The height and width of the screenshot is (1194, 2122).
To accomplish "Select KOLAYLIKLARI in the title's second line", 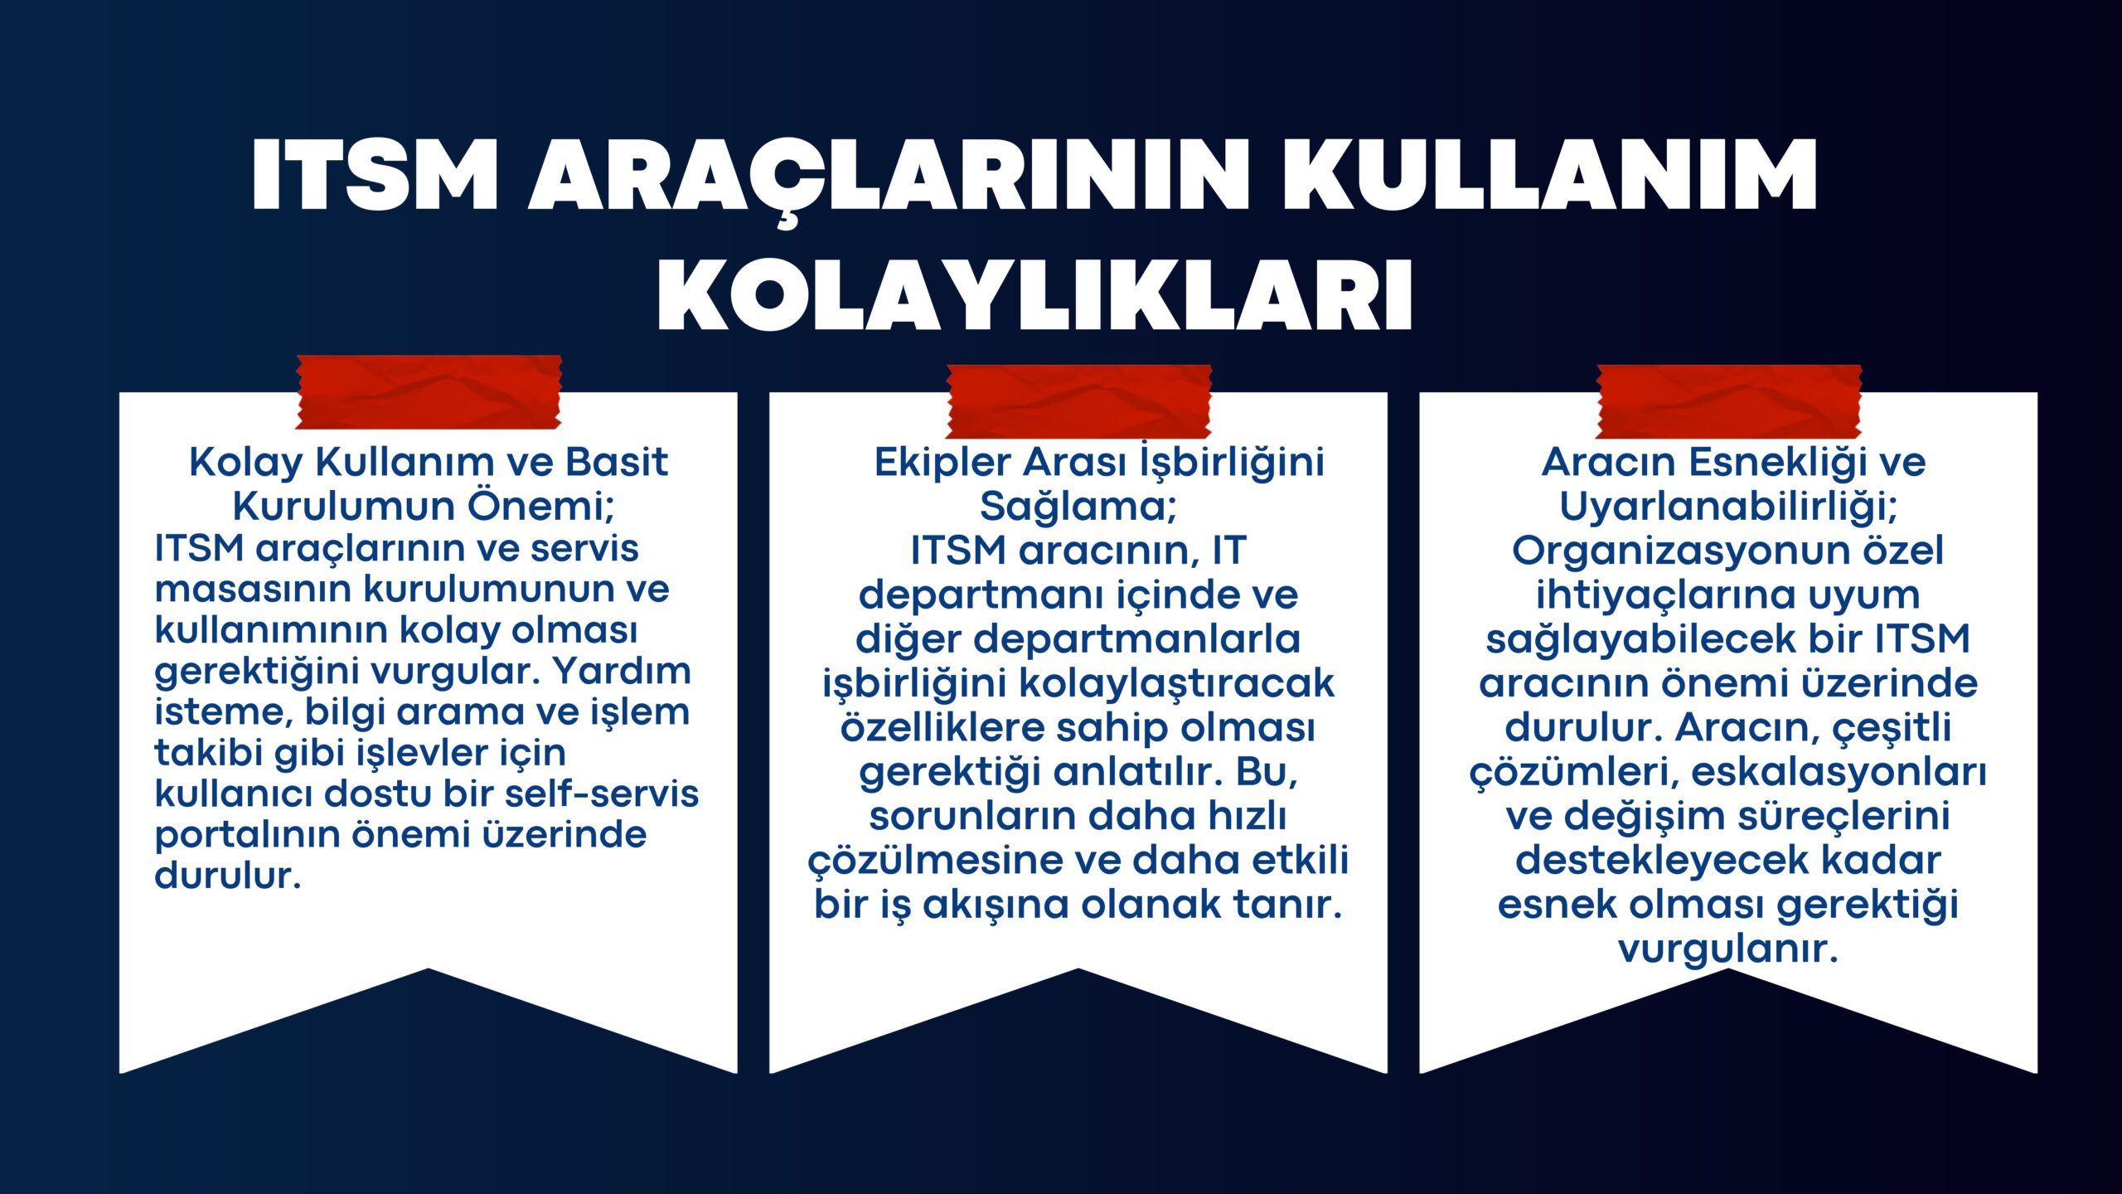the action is click(1035, 296).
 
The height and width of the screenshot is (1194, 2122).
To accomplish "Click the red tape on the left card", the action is click(429, 392).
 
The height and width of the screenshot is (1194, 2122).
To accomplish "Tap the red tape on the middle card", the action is click(1079, 401).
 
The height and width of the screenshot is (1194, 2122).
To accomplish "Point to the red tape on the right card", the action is click(1729, 401).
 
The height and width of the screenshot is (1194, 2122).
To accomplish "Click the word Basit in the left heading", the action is click(616, 462).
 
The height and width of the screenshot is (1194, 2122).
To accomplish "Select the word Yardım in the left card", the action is click(622, 670).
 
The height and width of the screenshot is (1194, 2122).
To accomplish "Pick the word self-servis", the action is click(602, 793).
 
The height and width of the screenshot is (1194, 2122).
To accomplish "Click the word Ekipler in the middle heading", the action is click(944, 462).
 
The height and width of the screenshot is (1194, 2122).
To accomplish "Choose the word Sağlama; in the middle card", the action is click(1078, 507).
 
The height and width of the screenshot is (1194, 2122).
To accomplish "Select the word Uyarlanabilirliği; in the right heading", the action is click(1728, 507).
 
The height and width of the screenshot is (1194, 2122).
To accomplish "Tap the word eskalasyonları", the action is click(1839, 772).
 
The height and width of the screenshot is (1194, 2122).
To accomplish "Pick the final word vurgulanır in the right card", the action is click(1728, 949).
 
